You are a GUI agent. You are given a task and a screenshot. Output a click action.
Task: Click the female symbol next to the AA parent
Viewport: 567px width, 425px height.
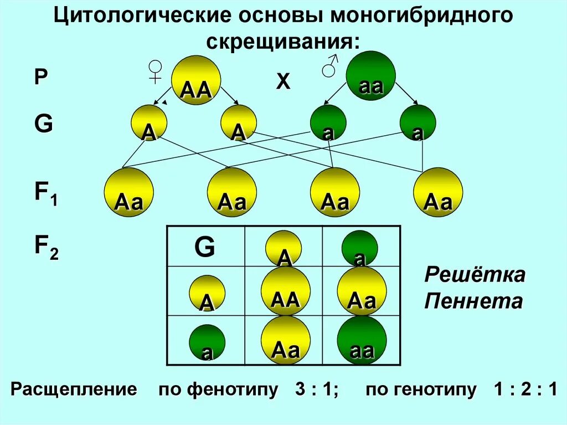click(x=155, y=72)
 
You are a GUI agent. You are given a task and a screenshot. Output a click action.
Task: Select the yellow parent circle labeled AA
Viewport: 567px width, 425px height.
click(x=196, y=80)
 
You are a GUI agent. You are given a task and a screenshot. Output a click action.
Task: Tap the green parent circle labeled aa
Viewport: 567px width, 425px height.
click(x=370, y=75)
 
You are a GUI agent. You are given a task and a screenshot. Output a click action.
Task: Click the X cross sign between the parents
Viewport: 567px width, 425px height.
click(x=283, y=82)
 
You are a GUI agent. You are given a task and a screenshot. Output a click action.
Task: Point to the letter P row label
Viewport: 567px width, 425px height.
click(x=40, y=77)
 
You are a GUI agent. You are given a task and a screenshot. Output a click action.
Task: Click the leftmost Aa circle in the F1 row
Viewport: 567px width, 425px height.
click(x=128, y=193)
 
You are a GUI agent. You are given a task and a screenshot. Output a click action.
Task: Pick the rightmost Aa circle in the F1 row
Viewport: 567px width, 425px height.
click(x=438, y=193)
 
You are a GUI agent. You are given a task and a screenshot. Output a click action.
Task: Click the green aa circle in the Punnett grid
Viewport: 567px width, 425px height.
click(x=362, y=340)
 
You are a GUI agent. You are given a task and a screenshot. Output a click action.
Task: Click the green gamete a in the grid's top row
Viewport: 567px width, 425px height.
click(x=359, y=248)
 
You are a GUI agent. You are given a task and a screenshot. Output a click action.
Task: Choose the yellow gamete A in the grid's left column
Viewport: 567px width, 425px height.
click(x=207, y=294)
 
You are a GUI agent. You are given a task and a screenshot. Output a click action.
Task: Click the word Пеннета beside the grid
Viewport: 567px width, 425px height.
click(x=473, y=301)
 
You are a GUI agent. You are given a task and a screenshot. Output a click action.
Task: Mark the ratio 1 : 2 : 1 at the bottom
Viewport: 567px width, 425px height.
click(x=525, y=390)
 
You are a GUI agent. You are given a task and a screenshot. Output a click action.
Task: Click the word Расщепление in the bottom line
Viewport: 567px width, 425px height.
click(x=74, y=390)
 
